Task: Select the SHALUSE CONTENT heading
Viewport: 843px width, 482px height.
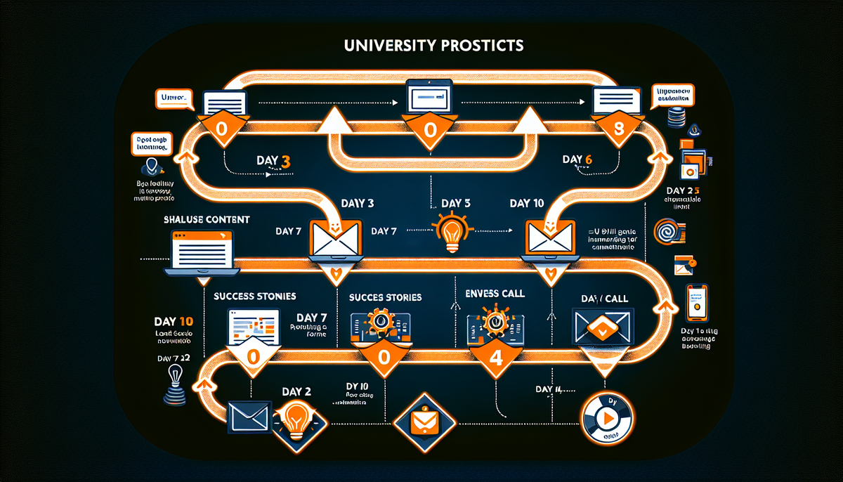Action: [207, 220]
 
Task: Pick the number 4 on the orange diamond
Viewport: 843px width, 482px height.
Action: [494, 356]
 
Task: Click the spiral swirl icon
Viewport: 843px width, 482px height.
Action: [666, 233]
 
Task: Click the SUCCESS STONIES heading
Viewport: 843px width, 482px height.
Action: [255, 297]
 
